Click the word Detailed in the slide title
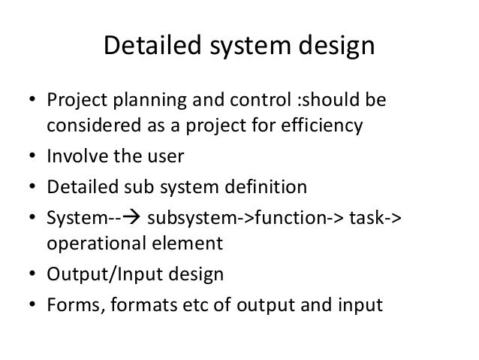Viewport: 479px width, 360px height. coord(146,47)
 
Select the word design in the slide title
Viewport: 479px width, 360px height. coord(334,47)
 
